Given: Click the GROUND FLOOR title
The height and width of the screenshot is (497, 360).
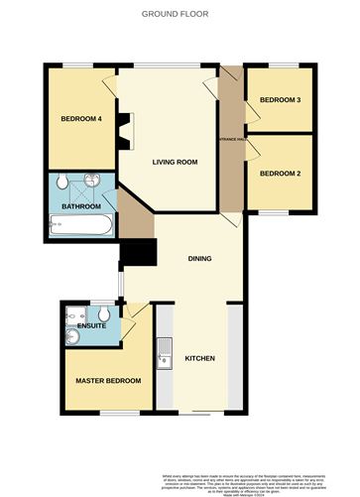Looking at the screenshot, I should coord(180,15).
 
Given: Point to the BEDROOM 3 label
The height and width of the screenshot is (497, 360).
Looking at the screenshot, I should coord(280,100).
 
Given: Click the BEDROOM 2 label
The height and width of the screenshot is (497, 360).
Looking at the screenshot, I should coord(279,174).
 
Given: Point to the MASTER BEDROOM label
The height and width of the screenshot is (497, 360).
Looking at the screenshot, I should coord(109,381).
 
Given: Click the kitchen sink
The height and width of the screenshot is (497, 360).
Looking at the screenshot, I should coord(164,348).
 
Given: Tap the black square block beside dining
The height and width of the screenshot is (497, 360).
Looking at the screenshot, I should coord(139,255).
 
